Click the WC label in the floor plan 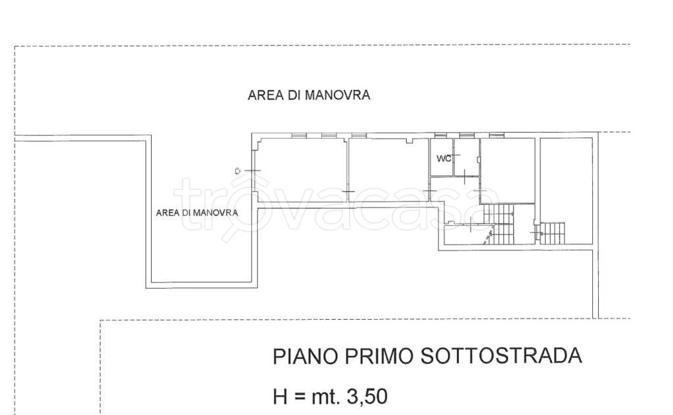pyautogui.click(x=444, y=158)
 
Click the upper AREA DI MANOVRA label pyautogui.click(x=309, y=95)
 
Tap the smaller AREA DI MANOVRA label pyautogui.click(x=197, y=213)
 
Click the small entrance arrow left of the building pyautogui.click(x=237, y=171)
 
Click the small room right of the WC pyautogui.click(x=466, y=158)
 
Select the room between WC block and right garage pyautogui.click(x=507, y=169)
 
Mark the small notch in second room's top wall pyautogui.click(x=409, y=141)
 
